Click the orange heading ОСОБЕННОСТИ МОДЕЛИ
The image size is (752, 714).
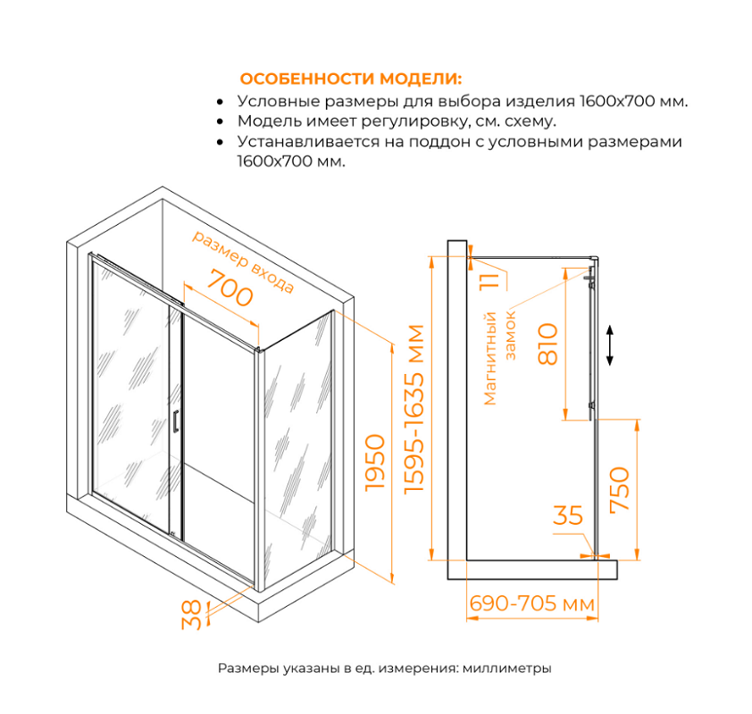(351, 79)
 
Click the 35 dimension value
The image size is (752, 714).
(568, 516)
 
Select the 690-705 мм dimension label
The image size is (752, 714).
(531, 604)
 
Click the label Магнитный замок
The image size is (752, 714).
(499, 357)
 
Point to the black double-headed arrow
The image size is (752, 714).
(610, 345)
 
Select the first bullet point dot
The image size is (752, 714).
(221, 103)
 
